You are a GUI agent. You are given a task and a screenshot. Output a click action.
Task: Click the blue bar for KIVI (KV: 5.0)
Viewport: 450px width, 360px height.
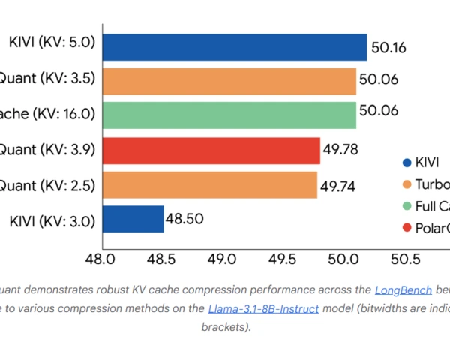click(234, 46)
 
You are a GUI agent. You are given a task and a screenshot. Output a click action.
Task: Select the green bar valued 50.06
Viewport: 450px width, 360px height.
click(229, 115)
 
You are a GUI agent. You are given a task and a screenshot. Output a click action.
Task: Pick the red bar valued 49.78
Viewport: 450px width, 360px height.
click(211, 150)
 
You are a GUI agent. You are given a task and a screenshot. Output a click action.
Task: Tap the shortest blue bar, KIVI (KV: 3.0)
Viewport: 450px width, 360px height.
click(133, 219)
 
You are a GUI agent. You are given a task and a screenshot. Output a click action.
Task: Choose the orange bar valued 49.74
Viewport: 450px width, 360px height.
click(209, 184)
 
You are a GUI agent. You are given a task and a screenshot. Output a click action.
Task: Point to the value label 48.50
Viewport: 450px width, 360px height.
click(184, 219)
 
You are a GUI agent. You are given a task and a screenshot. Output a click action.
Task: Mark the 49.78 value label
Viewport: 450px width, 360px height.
click(340, 150)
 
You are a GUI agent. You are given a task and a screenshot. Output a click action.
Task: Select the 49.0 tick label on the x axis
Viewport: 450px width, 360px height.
click(222, 259)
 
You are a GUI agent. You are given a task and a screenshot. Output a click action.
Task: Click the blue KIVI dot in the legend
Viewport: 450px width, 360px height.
click(406, 163)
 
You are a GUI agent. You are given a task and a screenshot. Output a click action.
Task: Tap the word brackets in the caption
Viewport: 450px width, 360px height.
click(224, 327)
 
